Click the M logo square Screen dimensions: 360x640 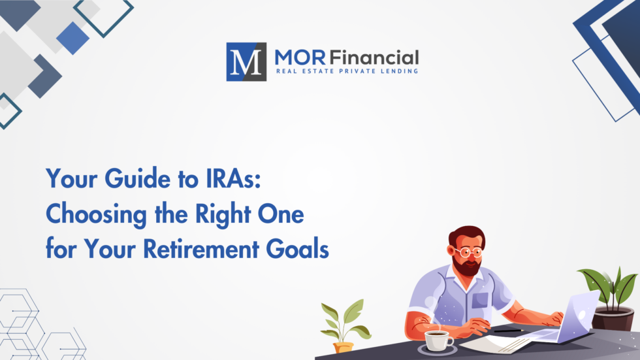pos(246,61)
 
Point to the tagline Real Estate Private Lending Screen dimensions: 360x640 pos(346,71)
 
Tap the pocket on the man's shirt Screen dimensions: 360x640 pos(481,300)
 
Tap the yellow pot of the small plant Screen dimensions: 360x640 pos(344,347)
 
